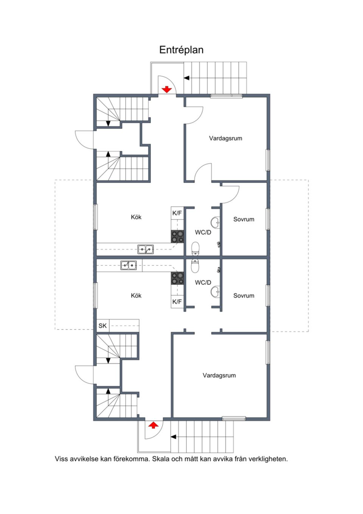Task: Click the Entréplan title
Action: point(181,50)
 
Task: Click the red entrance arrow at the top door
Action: point(167,89)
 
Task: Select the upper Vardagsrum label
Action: point(225,138)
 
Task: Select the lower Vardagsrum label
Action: point(219,375)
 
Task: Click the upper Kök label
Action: point(136,217)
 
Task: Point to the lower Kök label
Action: point(136,295)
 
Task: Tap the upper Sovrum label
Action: point(244,219)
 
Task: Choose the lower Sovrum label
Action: point(244,295)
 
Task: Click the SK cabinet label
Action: point(102,326)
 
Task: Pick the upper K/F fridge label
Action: point(177,213)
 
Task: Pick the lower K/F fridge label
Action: point(177,302)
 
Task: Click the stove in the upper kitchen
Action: point(177,237)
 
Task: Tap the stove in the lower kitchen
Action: point(177,278)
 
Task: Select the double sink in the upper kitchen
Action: point(146,249)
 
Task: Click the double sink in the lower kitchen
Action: point(129,265)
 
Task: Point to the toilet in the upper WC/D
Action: point(195,248)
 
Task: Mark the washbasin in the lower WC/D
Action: point(215,292)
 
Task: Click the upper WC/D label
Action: point(203,233)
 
